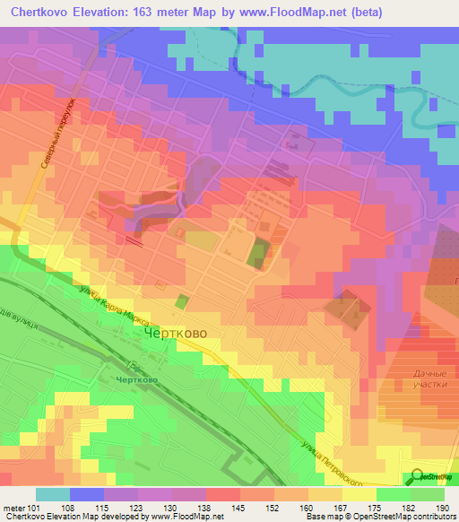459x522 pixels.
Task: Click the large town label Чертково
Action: [x=177, y=333]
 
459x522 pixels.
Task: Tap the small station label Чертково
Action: [x=136, y=379]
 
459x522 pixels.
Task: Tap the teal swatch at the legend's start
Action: [x=53, y=494]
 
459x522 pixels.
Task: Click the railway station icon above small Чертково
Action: [x=131, y=366]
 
